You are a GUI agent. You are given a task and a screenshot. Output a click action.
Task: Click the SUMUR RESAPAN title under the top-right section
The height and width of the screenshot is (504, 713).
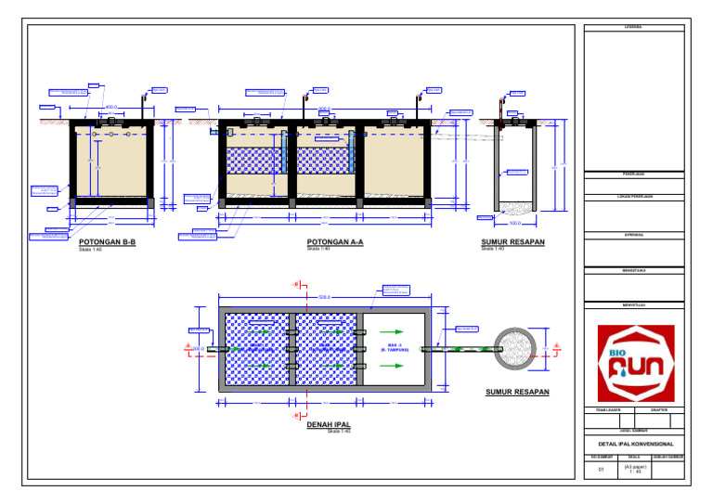512,242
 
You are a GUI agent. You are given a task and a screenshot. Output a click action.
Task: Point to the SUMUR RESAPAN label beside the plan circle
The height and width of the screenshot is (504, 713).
517,393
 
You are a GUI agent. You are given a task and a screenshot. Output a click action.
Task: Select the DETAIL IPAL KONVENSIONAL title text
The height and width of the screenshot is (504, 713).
636,444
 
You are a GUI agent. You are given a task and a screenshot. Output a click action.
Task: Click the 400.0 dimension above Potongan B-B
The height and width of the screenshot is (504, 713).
111,108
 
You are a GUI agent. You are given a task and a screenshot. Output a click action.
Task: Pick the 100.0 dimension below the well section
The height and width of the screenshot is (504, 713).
516,223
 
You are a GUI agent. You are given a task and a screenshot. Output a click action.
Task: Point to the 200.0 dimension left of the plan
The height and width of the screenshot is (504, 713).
198,349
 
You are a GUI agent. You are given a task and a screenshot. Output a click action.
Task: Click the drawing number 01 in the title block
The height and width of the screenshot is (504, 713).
601,471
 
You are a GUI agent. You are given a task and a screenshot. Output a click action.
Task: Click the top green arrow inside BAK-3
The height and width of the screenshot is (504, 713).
396,330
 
